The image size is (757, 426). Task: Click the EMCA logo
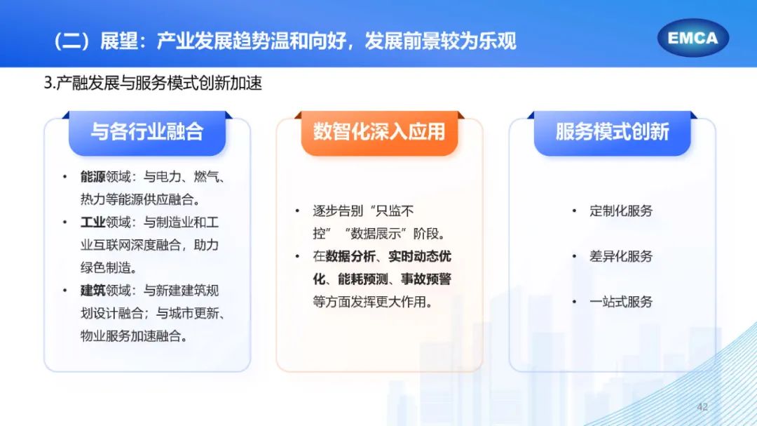tap(693, 38)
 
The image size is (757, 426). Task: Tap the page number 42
tap(702, 406)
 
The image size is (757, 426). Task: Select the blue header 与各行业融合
tap(147, 132)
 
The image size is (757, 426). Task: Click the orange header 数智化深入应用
tap(379, 132)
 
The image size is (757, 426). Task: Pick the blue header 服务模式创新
tap(612, 132)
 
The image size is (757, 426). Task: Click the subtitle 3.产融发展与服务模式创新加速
tap(153, 83)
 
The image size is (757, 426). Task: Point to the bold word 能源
tap(93, 177)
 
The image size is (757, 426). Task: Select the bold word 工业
tap(93, 222)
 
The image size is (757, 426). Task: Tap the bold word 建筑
tap(93, 291)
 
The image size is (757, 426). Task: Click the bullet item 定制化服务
tap(621, 211)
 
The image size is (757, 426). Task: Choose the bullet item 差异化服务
tap(621, 256)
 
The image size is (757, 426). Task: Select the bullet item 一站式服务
tap(621, 302)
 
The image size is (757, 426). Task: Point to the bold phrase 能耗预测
tap(362, 279)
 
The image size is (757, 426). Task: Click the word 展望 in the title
tap(119, 41)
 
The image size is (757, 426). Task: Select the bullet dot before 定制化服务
tap(574, 211)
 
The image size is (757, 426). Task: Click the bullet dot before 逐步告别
tap(297, 211)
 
